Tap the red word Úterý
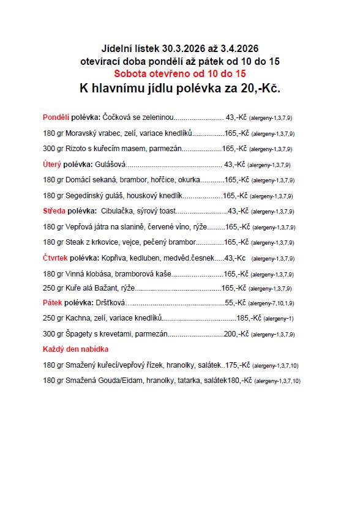click(x=53, y=164)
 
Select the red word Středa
click(x=54, y=211)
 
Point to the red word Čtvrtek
click(x=56, y=258)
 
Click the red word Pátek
click(x=53, y=303)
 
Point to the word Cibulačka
click(x=116, y=211)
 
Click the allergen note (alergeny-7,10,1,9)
click(x=271, y=303)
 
